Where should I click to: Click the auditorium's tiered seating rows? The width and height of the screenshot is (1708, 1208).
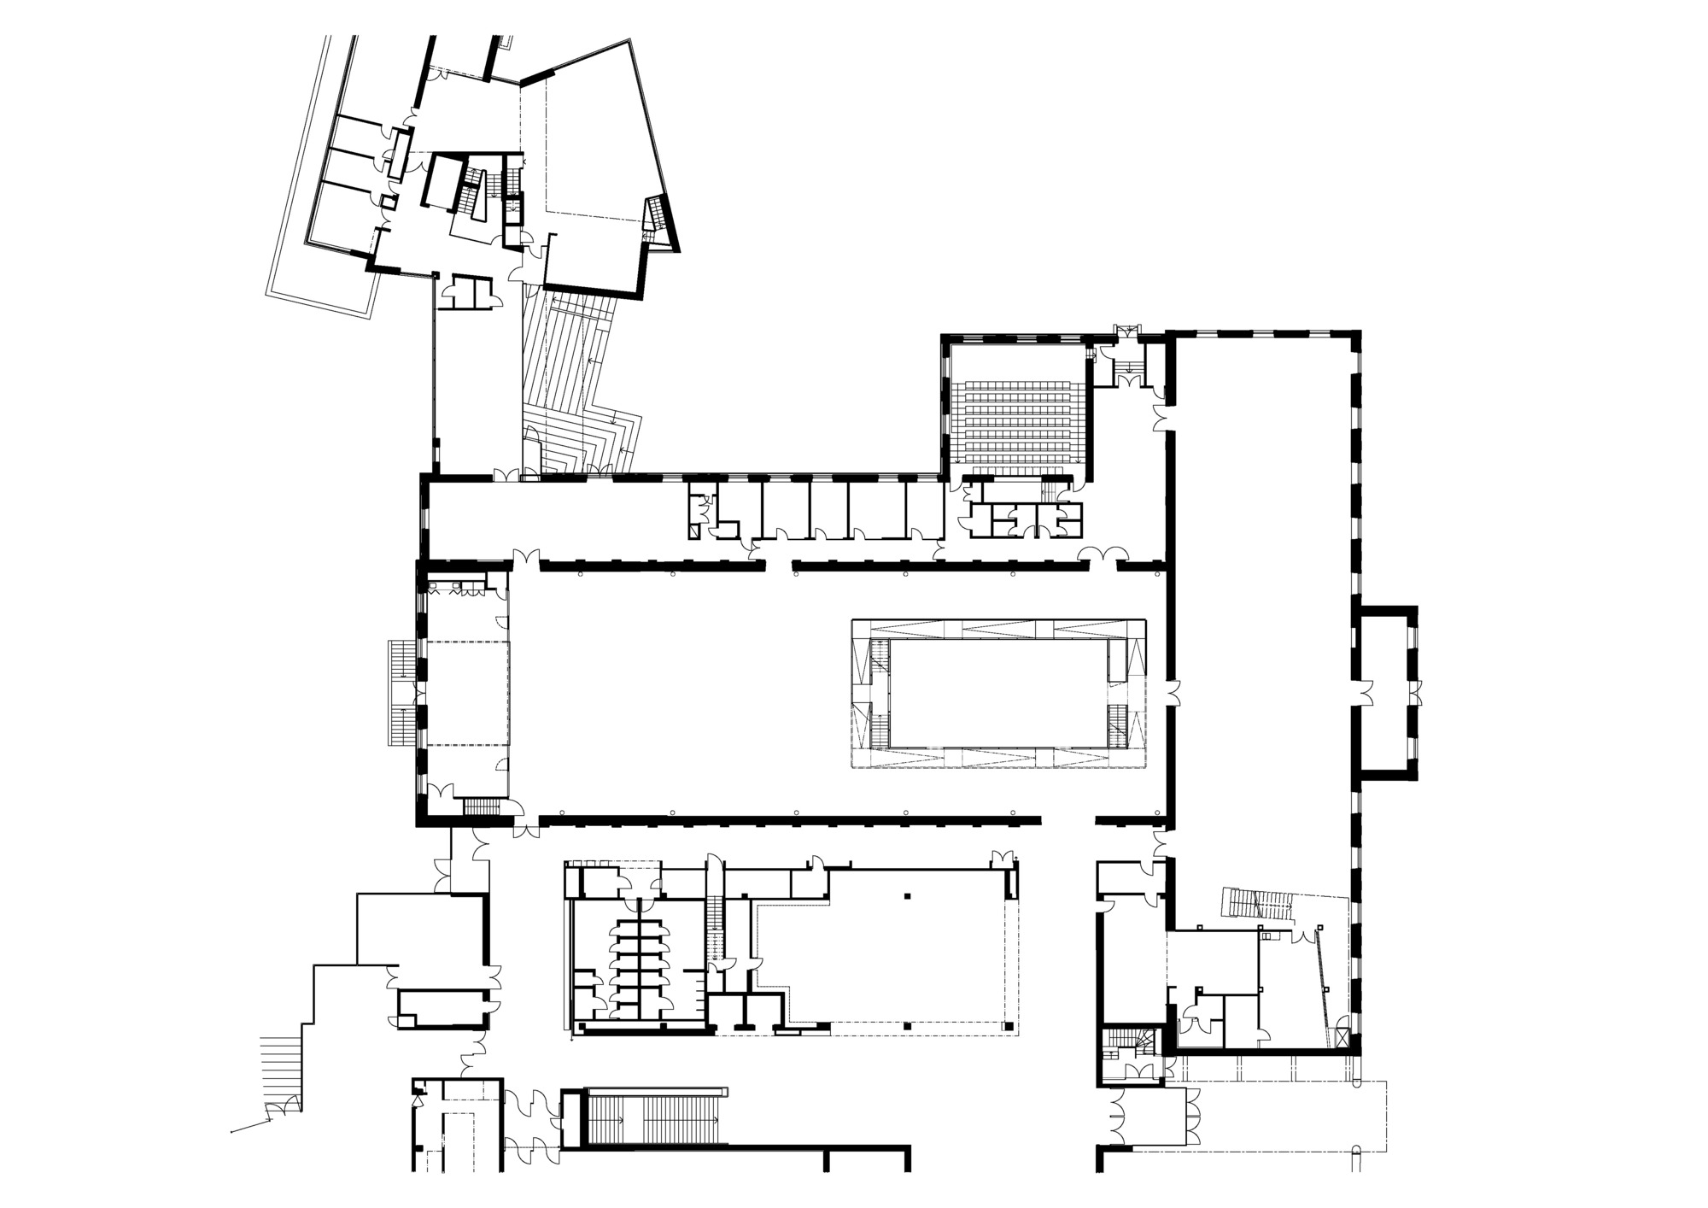click(1016, 419)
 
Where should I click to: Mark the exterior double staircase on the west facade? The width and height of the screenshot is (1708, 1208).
click(400, 692)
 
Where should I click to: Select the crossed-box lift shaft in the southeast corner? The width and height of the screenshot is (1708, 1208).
click(1343, 1039)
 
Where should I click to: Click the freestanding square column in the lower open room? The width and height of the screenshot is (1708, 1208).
click(907, 896)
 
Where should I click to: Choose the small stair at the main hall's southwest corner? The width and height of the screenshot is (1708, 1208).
click(480, 806)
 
